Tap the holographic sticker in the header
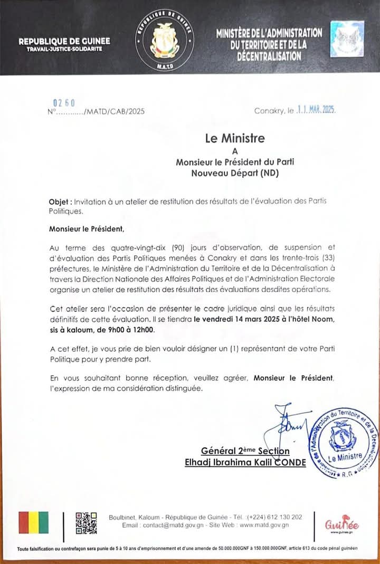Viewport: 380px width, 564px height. pyautogui.click(x=347, y=39)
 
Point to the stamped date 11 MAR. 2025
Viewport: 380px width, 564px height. pyautogui.click(x=315, y=111)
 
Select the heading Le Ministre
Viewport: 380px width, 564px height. pyautogui.click(x=235, y=139)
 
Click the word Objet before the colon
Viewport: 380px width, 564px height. pyautogui.click(x=59, y=202)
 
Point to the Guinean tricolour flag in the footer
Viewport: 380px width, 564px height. pyautogui.click(x=33, y=523)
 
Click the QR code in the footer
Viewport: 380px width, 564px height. pyautogui.click(x=85, y=522)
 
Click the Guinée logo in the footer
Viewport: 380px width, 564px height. pyautogui.click(x=342, y=524)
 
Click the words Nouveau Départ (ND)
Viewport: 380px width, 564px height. pyautogui.click(x=235, y=173)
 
